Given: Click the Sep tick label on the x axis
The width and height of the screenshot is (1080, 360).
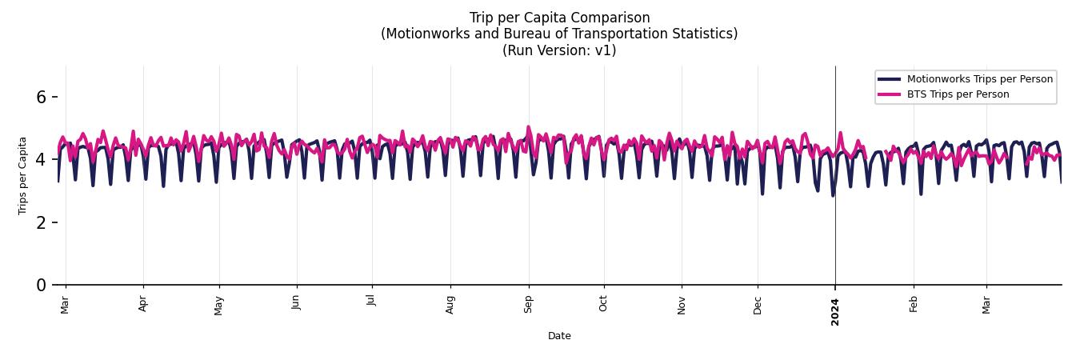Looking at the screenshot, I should [x=528, y=305].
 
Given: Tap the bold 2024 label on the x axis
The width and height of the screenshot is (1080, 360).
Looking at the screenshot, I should [x=835, y=311].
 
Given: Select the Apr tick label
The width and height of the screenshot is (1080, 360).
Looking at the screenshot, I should [x=143, y=304].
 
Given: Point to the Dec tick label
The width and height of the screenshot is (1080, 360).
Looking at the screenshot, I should [x=758, y=305].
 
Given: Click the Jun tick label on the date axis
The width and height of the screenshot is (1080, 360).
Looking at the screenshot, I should [x=297, y=304].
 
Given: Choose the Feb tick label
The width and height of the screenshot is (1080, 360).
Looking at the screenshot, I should [x=914, y=304].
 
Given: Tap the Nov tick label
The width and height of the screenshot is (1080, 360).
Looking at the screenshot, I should [x=682, y=305].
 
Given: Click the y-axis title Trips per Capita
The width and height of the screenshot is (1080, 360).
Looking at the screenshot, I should [x=23, y=175].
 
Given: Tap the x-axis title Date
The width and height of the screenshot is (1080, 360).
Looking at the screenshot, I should [x=559, y=336].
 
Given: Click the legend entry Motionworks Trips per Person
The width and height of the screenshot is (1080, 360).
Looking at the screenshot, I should [x=979, y=79].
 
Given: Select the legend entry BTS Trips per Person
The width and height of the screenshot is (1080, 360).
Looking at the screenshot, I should [x=958, y=94].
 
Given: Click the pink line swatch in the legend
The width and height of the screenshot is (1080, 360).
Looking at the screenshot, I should [x=889, y=94].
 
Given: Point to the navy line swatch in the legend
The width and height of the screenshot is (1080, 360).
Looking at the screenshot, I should [x=889, y=79].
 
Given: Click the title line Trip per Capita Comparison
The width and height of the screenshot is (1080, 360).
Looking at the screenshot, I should [x=559, y=18].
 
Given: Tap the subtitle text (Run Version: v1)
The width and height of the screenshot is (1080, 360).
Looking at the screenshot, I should [x=559, y=50].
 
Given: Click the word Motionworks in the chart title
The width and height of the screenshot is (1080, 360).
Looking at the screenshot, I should [x=425, y=34].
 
